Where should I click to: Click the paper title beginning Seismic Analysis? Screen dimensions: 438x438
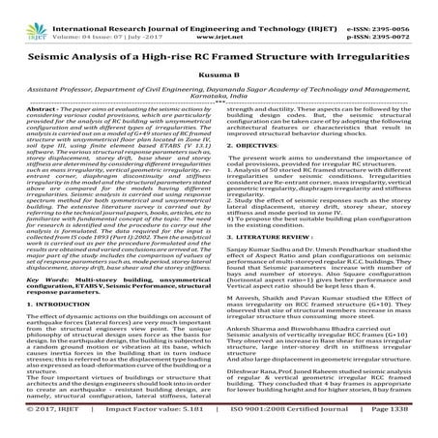pos(219,55)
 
